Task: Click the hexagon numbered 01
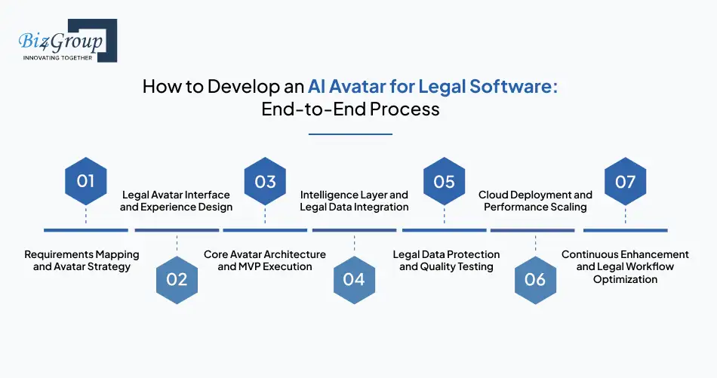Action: [x=85, y=181]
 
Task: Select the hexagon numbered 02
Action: [x=177, y=279]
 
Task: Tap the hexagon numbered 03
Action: [x=265, y=181]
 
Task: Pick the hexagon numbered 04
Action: [x=354, y=279]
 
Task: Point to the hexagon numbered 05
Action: [x=444, y=181]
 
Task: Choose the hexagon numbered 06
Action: [x=534, y=279]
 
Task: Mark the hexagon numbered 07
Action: [x=625, y=181]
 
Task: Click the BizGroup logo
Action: [x=64, y=41]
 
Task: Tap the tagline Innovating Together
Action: [x=57, y=57]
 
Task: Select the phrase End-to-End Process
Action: [x=350, y=109]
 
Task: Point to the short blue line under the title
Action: [x=350, y=134]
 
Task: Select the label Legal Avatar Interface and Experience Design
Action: [x=176, y=201]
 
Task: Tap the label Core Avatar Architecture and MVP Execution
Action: [x=265, y=260]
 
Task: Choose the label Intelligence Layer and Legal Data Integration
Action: [x=354, y=201]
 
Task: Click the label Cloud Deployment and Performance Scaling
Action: [x=535, y=201]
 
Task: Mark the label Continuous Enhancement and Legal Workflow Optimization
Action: [x=625, y=267]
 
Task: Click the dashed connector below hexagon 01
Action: [x=85, y=216]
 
